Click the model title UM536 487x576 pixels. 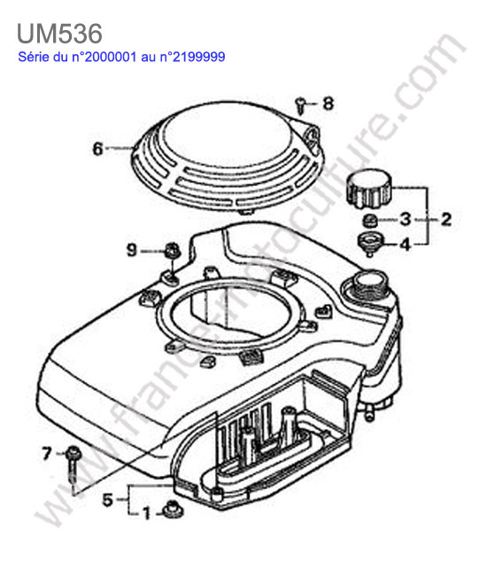tap(59, 34)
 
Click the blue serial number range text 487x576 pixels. tap(121, 57)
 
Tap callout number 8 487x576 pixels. tap(329, 104)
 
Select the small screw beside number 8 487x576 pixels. tap(301, 105)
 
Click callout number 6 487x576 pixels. tap(98, 149)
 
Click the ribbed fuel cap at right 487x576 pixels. tap(369, 189)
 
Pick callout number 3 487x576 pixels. tap(406, 219)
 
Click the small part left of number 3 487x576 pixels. tap(370, 222)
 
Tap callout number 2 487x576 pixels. tap(446, 219)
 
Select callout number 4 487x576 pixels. tap(405, 244)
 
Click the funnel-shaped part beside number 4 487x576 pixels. tap(370, 244)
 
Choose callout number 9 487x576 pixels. tap(132, 250)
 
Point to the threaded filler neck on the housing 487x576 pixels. tap(369, 284)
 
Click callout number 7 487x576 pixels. tap(46, 454)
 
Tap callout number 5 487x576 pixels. tap(107, 500)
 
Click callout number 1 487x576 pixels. tap(146, 513)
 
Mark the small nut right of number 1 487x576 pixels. tap(174, 509)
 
